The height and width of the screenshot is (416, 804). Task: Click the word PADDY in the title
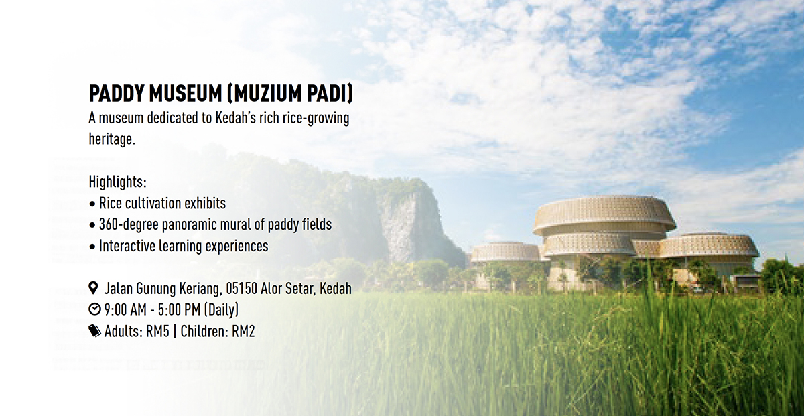click(x=117, y=94)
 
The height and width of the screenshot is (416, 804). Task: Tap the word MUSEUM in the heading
click(x=186, y=94)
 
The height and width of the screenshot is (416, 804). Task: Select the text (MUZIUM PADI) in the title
click(x=290, y=94)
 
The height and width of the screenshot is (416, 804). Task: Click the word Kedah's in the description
click(x=235, y=118)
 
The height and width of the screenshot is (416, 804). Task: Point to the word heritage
click(x=112, y=139)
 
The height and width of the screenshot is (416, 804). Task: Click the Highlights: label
click(x=118, y=182)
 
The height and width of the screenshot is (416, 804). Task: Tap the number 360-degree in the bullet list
click(x=129, y=225)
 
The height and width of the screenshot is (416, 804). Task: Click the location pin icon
click(x=93, y=288)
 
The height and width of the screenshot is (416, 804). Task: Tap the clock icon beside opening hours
click(x=94, y=309)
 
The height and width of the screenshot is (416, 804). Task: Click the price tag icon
click(x=94, y=330)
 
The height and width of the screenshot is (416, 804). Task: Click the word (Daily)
click(x=221, y=309)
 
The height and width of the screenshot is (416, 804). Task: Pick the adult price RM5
click(x=157, y=332)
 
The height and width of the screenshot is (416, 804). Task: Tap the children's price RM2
click(x=243, y=332)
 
